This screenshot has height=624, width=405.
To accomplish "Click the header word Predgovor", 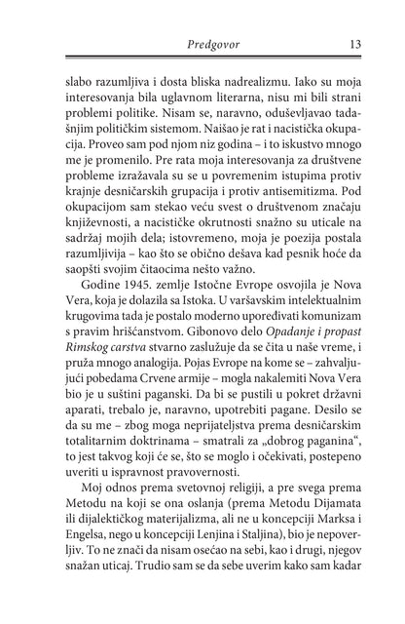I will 202,43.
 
